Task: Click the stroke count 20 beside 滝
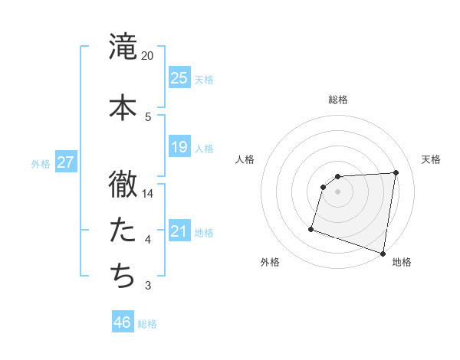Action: coord(148,56)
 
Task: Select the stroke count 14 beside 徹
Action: coord(148,194)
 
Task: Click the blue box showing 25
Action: coord(179,77)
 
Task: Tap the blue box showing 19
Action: coord(179,146)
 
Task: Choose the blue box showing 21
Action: coord(179,231)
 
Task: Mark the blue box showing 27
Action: coord(64,162)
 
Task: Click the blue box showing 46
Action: coord(123,322)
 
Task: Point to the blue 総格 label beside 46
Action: coord(147,324)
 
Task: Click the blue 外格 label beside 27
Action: coord(41,163)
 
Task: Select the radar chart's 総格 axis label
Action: coord(338,100)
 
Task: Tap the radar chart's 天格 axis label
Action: coord(431,159)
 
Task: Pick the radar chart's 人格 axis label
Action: coord(245,159)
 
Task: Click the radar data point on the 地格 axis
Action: coord(383,253)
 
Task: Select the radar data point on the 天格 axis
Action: coord(396,172)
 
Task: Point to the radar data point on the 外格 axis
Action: coord(311,228)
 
